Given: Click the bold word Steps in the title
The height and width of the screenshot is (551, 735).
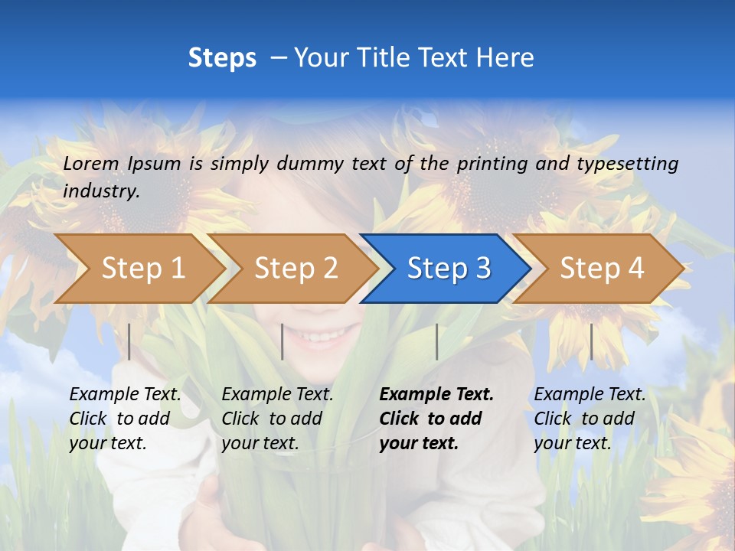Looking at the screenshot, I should point(222,58).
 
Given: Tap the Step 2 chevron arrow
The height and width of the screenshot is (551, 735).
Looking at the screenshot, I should point(296,268).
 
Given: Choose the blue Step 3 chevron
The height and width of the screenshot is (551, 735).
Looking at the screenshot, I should point(448,268).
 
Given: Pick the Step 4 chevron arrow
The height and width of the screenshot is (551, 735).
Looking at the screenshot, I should point(601,268).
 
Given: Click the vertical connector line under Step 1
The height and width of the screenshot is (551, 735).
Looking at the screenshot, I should point(129,341).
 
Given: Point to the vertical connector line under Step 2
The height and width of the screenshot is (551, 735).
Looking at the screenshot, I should point(283,341).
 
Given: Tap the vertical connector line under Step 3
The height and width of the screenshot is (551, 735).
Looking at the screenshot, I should point(436,341).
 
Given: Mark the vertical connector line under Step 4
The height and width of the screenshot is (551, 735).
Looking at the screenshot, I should point(591,341).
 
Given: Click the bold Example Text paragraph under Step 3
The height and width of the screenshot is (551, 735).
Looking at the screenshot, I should point(436,419).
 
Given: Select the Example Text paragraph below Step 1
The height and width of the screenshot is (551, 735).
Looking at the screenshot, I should point(125,419).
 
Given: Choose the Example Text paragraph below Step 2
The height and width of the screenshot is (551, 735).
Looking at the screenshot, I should point(277,419).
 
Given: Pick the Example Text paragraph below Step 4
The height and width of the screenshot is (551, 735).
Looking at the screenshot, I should point(590,419).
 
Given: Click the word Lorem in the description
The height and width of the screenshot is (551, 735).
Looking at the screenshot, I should point(91,163).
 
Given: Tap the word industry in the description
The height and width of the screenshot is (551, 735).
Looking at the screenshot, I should point(100,191).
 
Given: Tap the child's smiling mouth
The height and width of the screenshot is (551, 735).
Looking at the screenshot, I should point(325,336).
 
